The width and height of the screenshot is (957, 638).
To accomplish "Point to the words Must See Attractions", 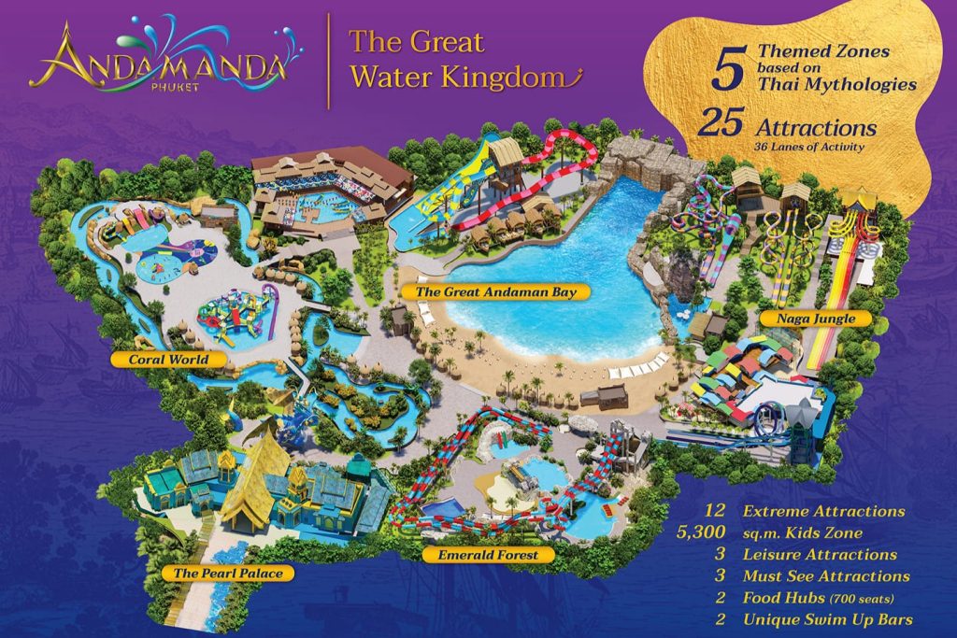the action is (x=825, y=576).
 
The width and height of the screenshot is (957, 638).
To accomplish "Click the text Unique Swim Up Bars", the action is (x=828, y=619).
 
